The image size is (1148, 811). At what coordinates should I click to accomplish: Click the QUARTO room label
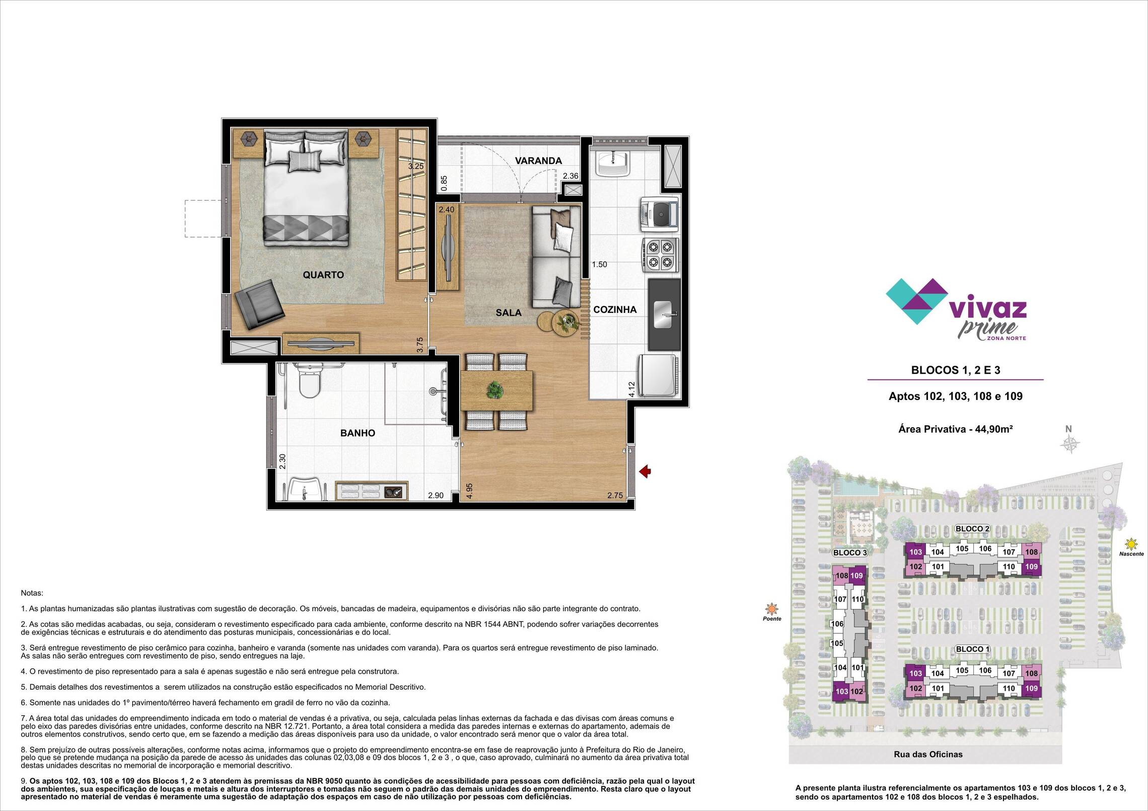[x=323, y=275]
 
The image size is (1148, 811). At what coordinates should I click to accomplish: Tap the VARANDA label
[x=538, y=161]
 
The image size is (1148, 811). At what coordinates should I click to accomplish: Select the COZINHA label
[x=615, y=310]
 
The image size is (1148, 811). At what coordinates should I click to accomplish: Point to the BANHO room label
[x=357, y=433]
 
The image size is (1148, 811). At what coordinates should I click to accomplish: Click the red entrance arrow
[x=645, y=471]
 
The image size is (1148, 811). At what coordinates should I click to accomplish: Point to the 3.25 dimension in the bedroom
[x=416, y=166]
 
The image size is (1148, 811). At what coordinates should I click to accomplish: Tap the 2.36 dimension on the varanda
[x=571, y=176]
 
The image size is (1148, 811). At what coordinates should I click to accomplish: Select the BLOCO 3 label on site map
[x=850, y=552]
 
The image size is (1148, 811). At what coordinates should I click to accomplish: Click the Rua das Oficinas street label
[x=928, y=768]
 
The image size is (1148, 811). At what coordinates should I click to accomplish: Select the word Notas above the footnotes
[x=32, y=593]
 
